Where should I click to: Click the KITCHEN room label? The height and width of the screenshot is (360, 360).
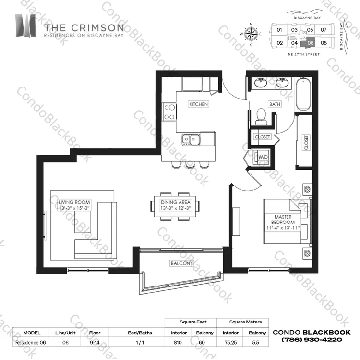(x=198, y=104)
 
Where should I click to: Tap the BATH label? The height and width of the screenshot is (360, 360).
(x=275, y=104)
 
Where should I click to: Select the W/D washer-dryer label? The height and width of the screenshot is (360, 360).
(x=263, y=157)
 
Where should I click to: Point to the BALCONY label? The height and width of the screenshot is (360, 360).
(x=181, y=263)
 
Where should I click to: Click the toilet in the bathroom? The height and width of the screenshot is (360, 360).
(x=261, y=117)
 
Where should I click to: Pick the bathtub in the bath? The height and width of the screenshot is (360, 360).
(x=303, y=94)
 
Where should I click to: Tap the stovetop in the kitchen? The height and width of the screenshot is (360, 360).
(x=169, y=112)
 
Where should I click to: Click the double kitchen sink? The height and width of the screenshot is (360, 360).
(x=191, y=140)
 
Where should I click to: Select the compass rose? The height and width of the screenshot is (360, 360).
(x=251, y=34)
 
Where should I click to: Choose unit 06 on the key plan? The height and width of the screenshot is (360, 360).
(x=311, y=43)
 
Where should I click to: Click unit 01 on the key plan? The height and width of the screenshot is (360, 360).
(x=279, y=30)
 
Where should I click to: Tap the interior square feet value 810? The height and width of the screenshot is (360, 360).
(x=178, y=342)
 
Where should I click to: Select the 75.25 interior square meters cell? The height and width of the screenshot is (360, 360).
(x=230, y=342)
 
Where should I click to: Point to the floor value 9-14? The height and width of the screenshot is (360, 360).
(x=95, y=342)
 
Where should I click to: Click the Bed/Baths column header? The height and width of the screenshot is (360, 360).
(x=140, y=333)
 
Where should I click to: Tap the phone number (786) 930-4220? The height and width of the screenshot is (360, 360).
(x=312, y=339)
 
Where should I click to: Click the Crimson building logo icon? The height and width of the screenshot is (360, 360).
(x=25, y=26)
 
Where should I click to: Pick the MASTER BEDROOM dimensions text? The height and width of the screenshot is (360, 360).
(x=283, y=228)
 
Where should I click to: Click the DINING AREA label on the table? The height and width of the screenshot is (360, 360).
(x=176, y=202)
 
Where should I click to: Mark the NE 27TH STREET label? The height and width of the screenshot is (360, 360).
(x=304, y=54)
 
